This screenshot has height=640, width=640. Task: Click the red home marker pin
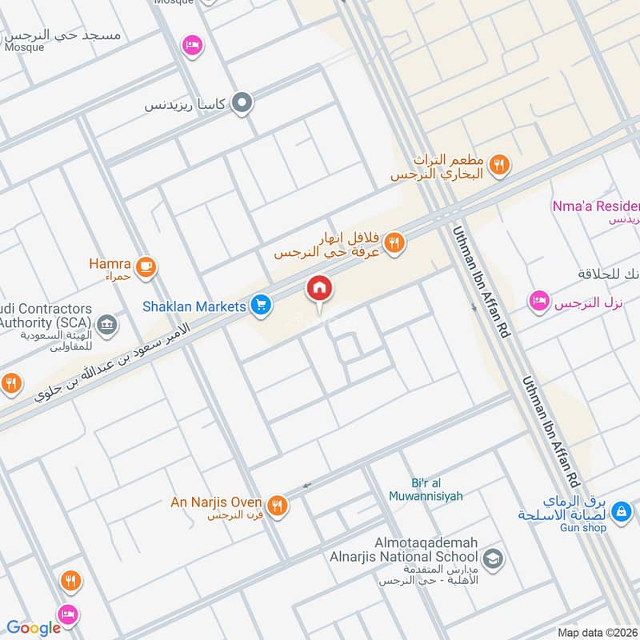(319, 289)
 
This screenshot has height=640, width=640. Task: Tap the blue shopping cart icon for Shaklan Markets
(260, 305)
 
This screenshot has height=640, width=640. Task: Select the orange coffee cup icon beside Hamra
(145, 267)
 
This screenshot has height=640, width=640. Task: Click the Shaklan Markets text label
(194, 306)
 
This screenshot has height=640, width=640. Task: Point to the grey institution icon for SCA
(106, 325)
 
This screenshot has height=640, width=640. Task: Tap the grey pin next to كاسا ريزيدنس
(242, 103)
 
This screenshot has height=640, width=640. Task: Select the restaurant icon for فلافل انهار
(394, 242)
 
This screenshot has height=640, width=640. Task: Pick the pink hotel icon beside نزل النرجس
(539, 301)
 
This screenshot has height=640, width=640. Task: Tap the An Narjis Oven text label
(216, 502)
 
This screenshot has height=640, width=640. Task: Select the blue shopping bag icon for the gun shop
(622, 510)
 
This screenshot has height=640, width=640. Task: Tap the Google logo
(34, 628)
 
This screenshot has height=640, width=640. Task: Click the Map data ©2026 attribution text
(597, 632)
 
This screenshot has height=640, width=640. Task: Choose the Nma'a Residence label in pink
(596, 206)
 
